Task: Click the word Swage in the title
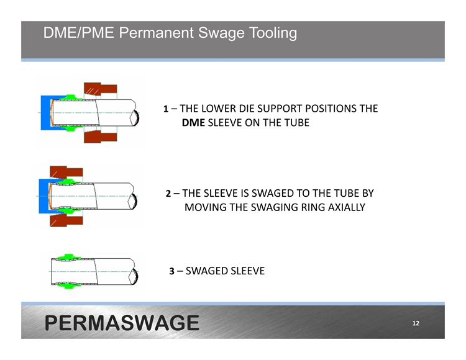point(221,33)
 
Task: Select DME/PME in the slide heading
point(79,33)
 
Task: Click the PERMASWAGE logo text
point(122,323)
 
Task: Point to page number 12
point(416,323)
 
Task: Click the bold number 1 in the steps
point(166,109)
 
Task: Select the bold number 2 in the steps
point(168,194)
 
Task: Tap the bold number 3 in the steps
point(171,271)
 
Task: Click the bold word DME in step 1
point(193,122)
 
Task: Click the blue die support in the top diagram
point(45,113)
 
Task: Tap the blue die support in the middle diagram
point(43,196)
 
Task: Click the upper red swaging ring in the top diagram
point(100,89)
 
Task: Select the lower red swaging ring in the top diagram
point(100,137)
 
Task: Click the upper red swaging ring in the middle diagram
point(66,172)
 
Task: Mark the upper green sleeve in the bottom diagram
point(68,258)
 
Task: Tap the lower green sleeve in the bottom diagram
point(68,286)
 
